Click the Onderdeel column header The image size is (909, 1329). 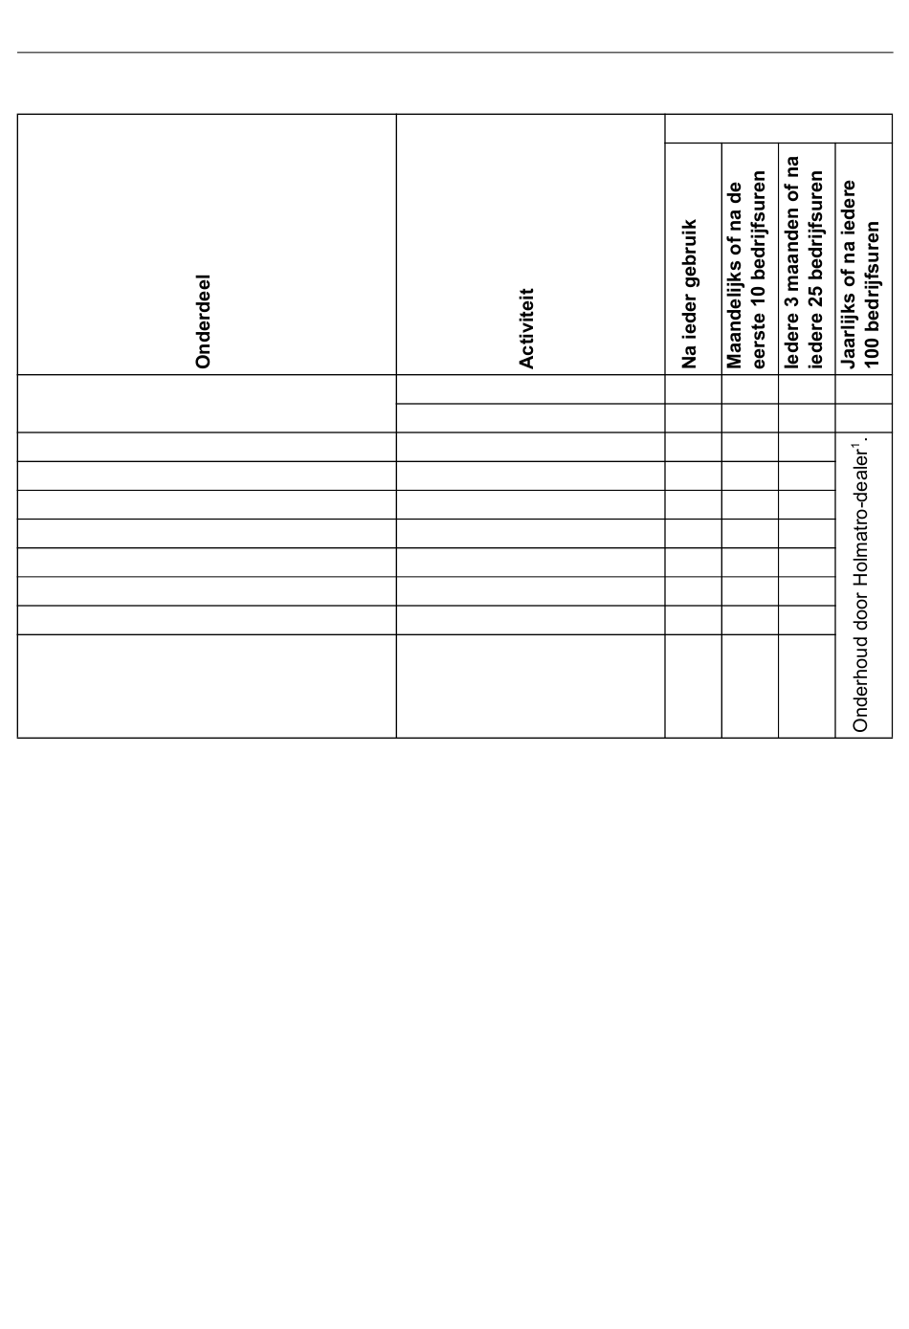tap(202, 321)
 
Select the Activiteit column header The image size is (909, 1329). tap(525, 328)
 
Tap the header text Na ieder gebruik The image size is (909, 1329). tap(690, 294)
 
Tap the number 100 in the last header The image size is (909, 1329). tap(872, 351)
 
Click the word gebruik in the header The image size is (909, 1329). tap(690, 252)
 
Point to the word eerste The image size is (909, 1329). tap(761, 339)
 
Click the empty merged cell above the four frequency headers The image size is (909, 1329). tap(778, 129)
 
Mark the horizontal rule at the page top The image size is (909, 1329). tap(454, 53)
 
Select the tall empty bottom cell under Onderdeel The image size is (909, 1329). tap(207, 686)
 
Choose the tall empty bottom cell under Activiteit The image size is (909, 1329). tap(530, 686)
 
